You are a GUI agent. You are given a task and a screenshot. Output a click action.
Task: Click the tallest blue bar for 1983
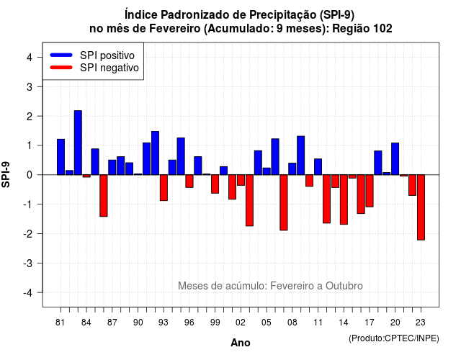(x=78, y=143)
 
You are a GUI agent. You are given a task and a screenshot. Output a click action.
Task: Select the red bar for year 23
(x=421, y=207)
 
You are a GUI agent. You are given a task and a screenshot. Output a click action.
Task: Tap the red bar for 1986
(x=104, y=196)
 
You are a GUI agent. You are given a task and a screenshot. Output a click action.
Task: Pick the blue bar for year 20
(x=395, y=158)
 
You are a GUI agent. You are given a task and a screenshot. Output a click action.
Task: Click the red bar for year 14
(x=344, y=199)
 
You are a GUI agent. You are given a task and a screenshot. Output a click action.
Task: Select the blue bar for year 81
(x=61, y=157)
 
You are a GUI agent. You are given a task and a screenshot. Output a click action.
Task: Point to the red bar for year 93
(x=164, y=188)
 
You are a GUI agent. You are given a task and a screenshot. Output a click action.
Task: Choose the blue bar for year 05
(x=267, y=171)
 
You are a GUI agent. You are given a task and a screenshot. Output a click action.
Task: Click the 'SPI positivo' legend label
(x=107, y=55)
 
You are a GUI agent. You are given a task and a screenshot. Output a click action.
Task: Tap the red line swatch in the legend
(x=61, y=67)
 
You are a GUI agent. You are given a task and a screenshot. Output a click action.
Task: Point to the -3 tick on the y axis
(x=40, y=263)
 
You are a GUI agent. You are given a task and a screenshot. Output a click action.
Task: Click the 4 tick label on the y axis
(x=29, y=58)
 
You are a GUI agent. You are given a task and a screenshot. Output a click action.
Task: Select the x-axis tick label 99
(x=215, y=323)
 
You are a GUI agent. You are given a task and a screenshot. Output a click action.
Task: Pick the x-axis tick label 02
(x=241, y=323)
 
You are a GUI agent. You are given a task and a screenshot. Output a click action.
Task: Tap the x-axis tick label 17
(x=370, y=323)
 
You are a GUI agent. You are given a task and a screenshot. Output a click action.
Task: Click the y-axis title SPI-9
(x=6, y=174)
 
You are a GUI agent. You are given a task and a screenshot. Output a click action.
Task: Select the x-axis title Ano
(x=241, y=343)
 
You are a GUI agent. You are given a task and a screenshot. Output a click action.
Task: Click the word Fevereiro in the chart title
(x=175, y=29)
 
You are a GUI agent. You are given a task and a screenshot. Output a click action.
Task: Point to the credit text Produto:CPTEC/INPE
(x=394, y=338)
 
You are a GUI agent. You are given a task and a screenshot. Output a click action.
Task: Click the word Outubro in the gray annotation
(x=344, y=286)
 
